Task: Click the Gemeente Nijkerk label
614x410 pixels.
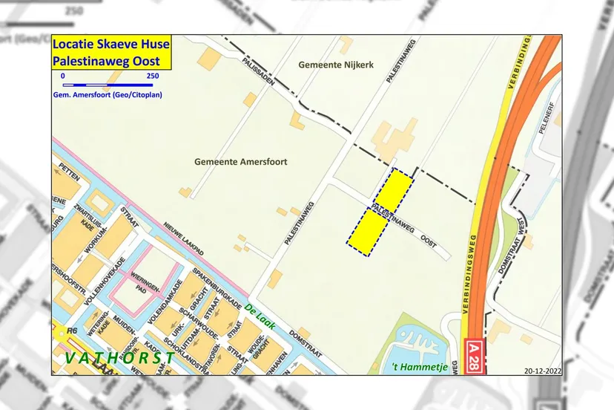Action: (x=335, y=65)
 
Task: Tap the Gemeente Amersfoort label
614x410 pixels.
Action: (x=240, y=161)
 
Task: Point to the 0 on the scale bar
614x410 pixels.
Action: (x=63, y=77)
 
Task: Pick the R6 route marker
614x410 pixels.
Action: (x=72, y=331)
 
